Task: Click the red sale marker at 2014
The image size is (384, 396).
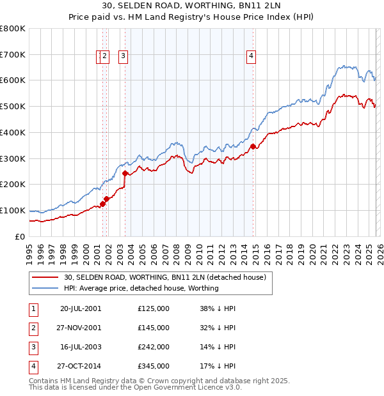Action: click(253, 146)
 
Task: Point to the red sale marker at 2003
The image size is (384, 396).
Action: click(125, 172)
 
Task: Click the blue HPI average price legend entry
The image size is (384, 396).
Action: click(141, 288)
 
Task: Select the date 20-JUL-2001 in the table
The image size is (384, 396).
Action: click(80, 308)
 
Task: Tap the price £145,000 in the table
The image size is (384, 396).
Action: click(154, 327)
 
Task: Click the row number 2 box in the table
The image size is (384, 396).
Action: click(33, 327)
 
